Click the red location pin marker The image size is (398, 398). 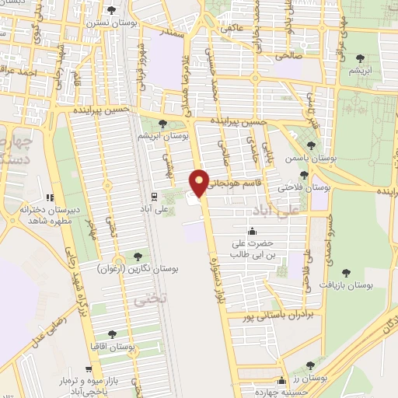pyautogui.click(x=200, y=183)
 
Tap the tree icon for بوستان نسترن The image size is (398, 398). pyautogui.click(x=113, y=11)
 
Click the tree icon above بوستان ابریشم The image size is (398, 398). pyautogui.click(x=162, y=123)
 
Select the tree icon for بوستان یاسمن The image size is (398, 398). pyautogui.click(x=312, y=145)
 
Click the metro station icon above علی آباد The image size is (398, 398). pyautogui.click(x=153, y=195)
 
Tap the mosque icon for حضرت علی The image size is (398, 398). pyautogui.click(x=252, y=231)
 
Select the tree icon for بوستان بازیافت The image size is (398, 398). pyautogui.click(x=346, y=273)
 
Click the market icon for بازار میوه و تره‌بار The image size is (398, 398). pyautogui.click(x=91, y=369)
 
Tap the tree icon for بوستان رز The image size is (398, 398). pyautogui.click(x=311, y=365)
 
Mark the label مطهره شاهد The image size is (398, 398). pyautogui.click(x=54, y=222)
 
